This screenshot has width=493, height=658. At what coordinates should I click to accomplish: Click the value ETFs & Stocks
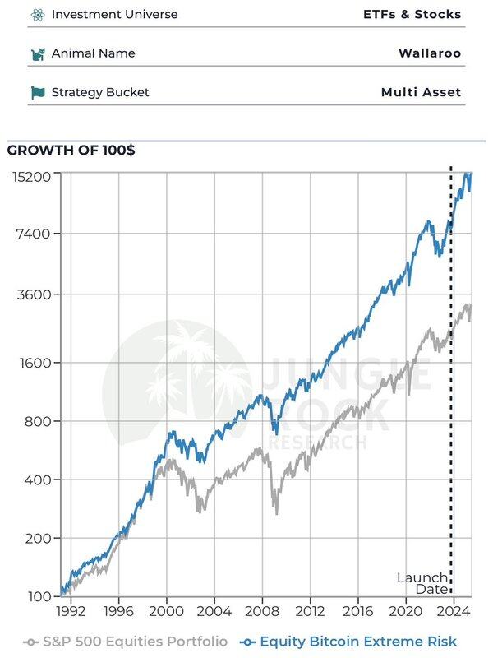(x=412, y=14)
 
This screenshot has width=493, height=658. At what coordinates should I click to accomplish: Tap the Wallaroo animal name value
(x=430, y=53)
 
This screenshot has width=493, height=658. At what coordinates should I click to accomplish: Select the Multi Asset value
(x=421, y=92)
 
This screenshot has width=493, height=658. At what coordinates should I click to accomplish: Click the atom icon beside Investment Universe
(x=37, y=14)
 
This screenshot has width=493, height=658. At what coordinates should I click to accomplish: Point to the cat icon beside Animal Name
(x=37, y=53)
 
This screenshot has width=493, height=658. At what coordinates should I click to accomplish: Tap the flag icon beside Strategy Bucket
(x=37, y=92)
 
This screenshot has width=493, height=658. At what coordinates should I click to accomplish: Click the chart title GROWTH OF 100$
(x=71, y=150)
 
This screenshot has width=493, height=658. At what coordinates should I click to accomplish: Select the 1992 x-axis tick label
(x=71, y=612)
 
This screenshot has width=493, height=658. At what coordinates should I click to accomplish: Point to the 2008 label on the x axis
(x=263, y=612)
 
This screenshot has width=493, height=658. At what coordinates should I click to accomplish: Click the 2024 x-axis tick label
(x=454, y=612)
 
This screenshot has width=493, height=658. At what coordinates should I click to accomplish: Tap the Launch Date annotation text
(x=422, y=583)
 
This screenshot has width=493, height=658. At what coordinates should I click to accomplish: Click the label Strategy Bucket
(x=100, y=92)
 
